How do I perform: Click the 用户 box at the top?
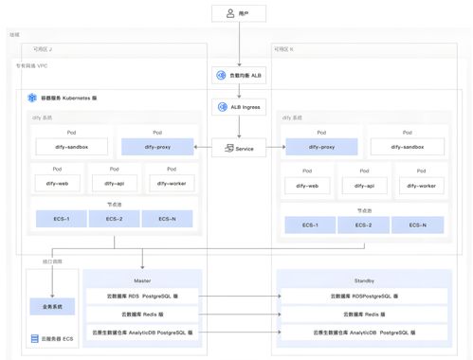click(x=238, y=14)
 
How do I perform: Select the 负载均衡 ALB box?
click(x=238, y=73)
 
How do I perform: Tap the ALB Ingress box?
click(x=238, y=108)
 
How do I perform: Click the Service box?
click(x=238, y=148)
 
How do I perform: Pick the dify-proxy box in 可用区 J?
click(x=156, y=147)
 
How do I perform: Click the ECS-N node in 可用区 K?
click(x=418, y=225)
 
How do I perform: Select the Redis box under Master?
click(x=142, y=314)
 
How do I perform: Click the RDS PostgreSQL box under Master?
click(x=142, y=296)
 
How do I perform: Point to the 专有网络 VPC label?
click(x=34, y=66)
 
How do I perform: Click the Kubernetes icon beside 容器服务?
click(x=33, y=98)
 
